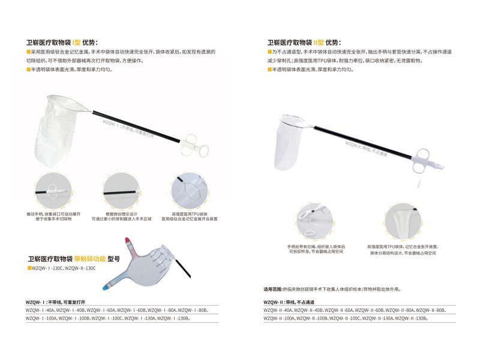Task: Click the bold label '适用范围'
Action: [x=273, y=289]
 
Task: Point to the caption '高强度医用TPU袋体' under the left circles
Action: [x=189, y=214]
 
